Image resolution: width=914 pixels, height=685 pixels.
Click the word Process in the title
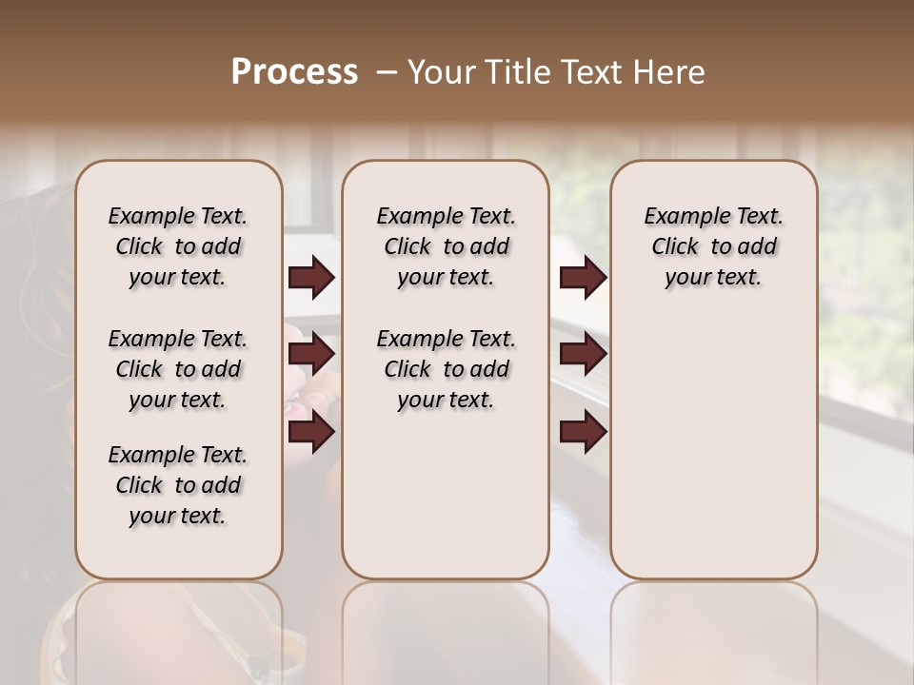(x=294, y=72)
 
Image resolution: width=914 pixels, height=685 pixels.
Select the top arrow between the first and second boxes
(x=311, y=278)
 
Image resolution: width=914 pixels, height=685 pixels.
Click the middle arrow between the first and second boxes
(x=311, y=355)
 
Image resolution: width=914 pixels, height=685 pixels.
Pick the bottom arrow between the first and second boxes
(x=311, y=433)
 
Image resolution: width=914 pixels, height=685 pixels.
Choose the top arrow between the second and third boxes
(x=583, y=278)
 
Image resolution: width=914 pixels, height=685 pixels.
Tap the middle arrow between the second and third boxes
(x=583, y=355)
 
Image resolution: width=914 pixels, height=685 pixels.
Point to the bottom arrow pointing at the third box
(x=583, y=433)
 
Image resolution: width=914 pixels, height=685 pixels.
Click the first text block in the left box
(x=178, y=246)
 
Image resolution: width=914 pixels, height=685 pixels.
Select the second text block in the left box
(x=178, y=369)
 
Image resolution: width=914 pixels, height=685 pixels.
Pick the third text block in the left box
(x=178, y=485)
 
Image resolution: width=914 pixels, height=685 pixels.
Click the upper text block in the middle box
(x=446, y=246)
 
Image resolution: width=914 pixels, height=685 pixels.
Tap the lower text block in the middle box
(x=446, y=369)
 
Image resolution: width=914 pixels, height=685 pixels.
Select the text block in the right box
(x=713, y=246)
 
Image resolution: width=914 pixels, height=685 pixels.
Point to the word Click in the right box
(x=675, y=247)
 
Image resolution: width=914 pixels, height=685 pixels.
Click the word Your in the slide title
(x=437, y=72)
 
